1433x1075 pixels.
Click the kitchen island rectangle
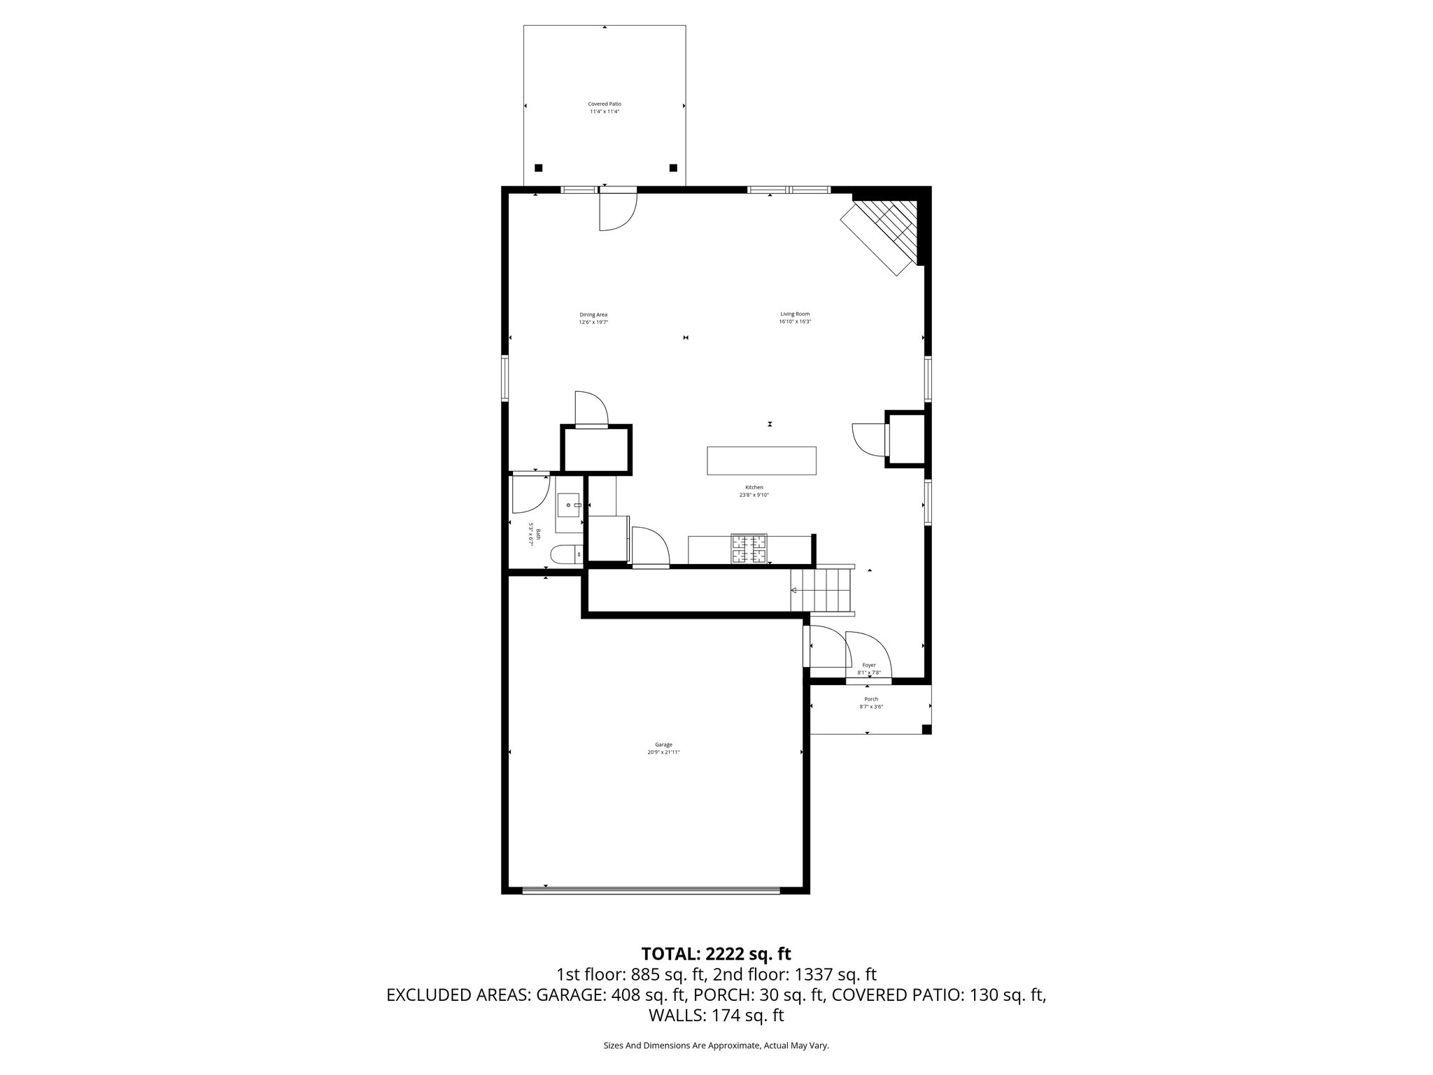pos(761,461)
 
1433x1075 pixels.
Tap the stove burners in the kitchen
pos(749,549)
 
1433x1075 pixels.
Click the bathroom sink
pos(569,504)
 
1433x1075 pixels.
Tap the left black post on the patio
pos(538,168)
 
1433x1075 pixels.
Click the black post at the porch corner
pos(926,729)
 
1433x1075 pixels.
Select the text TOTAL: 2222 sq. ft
pos(716,953)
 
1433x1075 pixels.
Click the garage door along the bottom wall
pos(651,890)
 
